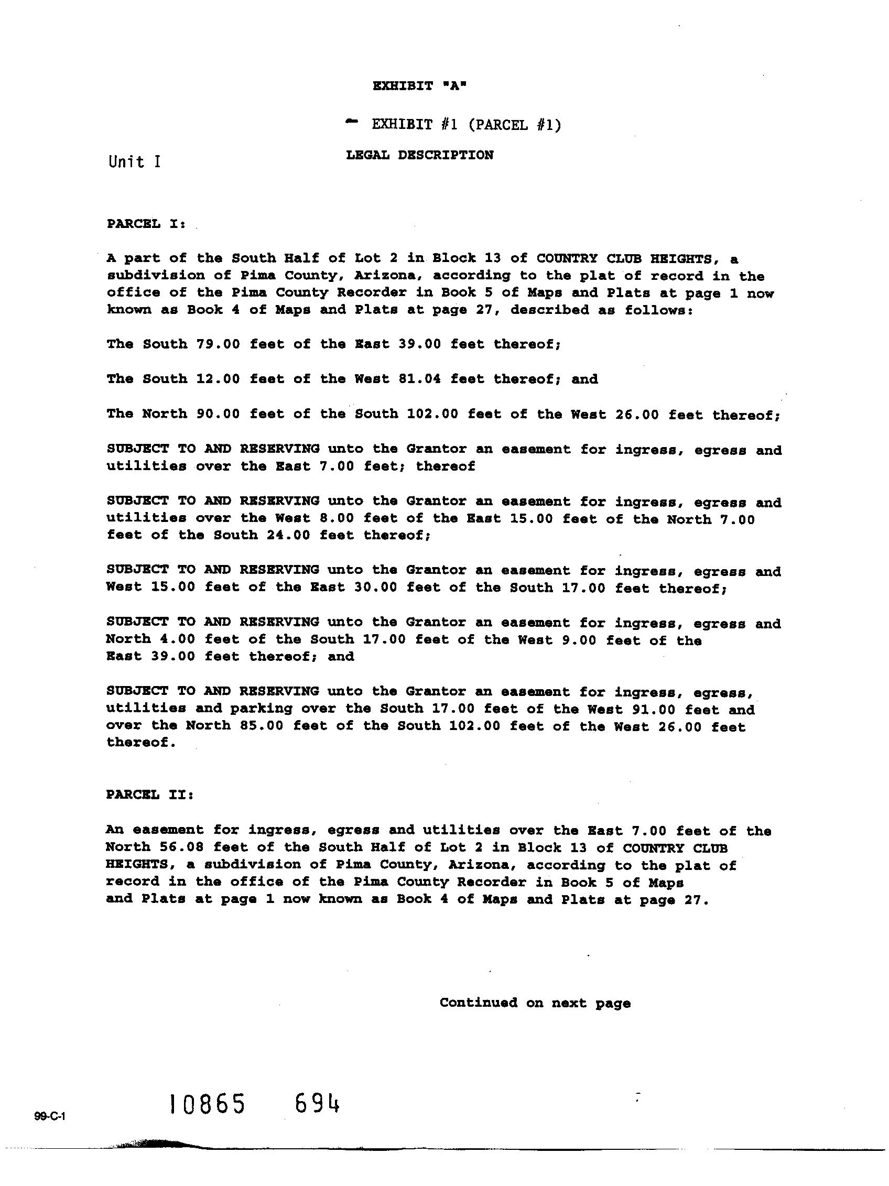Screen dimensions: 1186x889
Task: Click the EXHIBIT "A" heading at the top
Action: pyautogui.click(x=419, y=86)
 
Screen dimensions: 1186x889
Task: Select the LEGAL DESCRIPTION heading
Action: pyautogui.click(x=419, y=156)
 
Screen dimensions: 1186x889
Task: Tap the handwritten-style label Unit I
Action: pyautogui.click(x=134, y=162)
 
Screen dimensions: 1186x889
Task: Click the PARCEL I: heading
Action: pyautogui.click(x=146, y=224)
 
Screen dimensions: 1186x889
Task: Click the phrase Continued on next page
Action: pyautogui.click(x=535, y=1003)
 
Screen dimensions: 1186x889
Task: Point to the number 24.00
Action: pyautogui.click(x=288, y=535)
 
